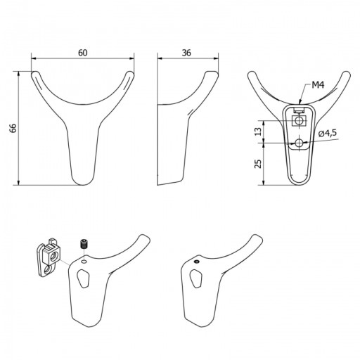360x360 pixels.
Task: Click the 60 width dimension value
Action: tap(83, 53)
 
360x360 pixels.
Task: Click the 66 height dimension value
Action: tap(13, 128)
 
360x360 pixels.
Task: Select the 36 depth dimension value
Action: tap(186, 53)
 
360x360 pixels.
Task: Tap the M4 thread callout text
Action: tap(318, 85)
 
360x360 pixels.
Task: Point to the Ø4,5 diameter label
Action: tap(328, 134)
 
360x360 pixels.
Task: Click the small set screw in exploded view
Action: tap(83, 244)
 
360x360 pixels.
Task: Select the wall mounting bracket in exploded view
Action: tap(49, 258)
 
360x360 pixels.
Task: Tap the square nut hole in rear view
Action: tap(299, 121)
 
